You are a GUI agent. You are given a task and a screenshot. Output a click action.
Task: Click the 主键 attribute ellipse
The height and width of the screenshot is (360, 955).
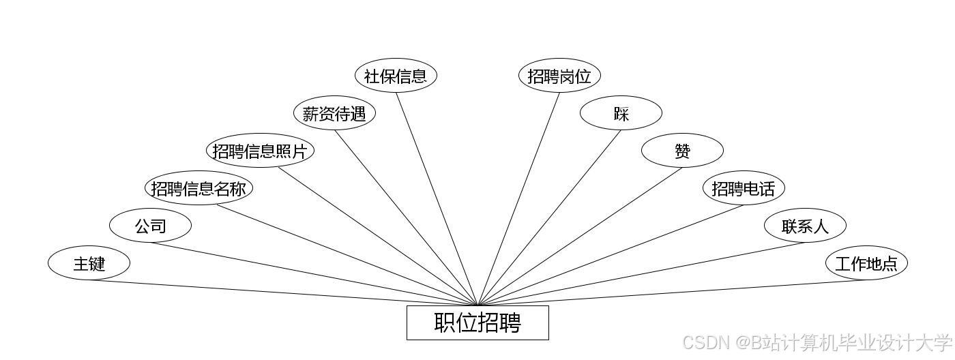pyautogui.click(x=89, y=262)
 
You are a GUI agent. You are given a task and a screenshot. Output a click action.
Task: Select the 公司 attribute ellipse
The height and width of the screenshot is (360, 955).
pyautogui.click(x=150, y=226)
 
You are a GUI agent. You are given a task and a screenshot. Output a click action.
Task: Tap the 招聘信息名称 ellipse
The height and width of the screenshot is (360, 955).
pyautogui.click(x=199, y=188)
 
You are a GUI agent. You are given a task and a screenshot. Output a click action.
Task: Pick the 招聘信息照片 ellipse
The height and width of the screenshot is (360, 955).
pyautogui.click(x=260, y=151)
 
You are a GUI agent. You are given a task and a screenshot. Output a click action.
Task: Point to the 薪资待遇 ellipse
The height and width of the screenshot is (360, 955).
pyautogui.click(x=334, y=113)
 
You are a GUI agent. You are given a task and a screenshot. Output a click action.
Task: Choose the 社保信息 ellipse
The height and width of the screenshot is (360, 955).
pyautogui.click(x=396, y=76)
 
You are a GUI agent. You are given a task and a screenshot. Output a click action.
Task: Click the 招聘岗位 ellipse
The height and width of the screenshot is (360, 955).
pyautogui.click(x=559, y=76)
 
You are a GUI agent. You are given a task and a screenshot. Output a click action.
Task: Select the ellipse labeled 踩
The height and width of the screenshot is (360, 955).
pyautogui.click(x=621, y=113)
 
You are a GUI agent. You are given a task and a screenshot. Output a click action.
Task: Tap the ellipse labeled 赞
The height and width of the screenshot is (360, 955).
pyautogui.click(x=682, y=151)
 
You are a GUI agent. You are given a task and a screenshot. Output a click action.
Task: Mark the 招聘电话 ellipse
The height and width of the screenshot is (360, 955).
pyautogui.click(x=744, y=188)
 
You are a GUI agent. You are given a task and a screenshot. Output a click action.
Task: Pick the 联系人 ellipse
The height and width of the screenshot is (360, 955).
pyautogui.click(x=805, y=226)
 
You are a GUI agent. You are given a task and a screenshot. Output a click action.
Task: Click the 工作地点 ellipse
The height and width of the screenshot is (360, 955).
pyautogui.click(x=866, y=262)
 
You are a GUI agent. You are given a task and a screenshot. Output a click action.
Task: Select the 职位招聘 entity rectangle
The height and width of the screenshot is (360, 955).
pyautogui.click(x=477, y=322)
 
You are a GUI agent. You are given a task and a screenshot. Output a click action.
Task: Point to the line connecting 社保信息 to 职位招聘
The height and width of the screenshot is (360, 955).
pyautogui.click(x=437, y=199)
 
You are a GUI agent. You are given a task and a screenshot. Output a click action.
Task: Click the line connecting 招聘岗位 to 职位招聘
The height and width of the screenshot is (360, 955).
pyautogui.click(x=518, y=199)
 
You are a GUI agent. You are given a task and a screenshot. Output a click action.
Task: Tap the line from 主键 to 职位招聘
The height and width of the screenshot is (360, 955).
pyautogui.click(x=283, y=292)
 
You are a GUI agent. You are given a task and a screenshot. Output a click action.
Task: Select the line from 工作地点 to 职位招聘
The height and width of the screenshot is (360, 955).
pyautogui.click(x=672, y=292)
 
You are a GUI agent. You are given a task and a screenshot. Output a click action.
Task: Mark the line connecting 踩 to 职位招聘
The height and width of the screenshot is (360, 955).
pyautogui.click(x=549, y=217)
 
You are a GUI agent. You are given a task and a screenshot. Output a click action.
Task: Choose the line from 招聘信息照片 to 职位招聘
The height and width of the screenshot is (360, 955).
pyautogui.click(x=377, y=236)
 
